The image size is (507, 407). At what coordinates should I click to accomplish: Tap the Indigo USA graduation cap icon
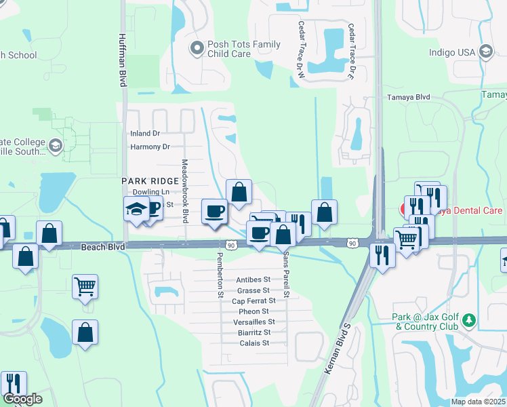[485, 52]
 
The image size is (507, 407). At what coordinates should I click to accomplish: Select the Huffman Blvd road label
[123, 59]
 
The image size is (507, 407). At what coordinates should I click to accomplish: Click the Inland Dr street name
[146, 134]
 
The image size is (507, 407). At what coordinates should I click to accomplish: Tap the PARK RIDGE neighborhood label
[146, 182]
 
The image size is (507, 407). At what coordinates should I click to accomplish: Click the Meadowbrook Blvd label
[184, 192]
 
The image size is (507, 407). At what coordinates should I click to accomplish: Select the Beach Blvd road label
[103, 248]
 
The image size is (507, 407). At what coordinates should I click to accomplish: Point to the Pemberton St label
[220, 274]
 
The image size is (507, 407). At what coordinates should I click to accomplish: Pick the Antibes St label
[253, 279]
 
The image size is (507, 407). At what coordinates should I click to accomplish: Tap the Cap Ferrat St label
[254, 301]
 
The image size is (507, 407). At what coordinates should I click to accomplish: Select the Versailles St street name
[253, 322]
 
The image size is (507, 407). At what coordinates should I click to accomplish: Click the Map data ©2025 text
[478, 402]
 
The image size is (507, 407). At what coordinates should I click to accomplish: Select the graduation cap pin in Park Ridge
[136, 210]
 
